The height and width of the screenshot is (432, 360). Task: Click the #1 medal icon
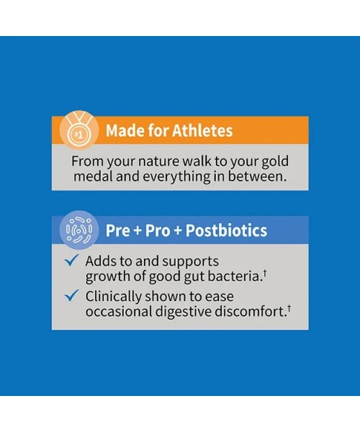point(79,130)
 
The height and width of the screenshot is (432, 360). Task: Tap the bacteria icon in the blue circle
point(79,230)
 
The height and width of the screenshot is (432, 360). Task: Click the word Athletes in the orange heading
point(202,130)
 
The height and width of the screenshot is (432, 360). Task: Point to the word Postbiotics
point(226,230)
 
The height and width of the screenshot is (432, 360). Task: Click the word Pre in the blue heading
point(117,230)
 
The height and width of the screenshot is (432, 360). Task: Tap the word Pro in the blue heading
point(158,230)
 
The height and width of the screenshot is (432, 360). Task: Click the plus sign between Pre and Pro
point(138,231)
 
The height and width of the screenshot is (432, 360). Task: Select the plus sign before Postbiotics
point(178,231)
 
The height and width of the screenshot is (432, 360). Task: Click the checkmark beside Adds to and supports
point(71,260)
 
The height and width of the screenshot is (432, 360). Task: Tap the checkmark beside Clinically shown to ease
point(71,295)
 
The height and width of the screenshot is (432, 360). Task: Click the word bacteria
point(234,276)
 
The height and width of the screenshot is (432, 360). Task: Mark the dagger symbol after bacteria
point(264,273)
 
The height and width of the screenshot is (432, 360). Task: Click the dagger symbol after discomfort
point(289,308)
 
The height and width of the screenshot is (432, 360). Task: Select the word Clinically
point(113,297)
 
